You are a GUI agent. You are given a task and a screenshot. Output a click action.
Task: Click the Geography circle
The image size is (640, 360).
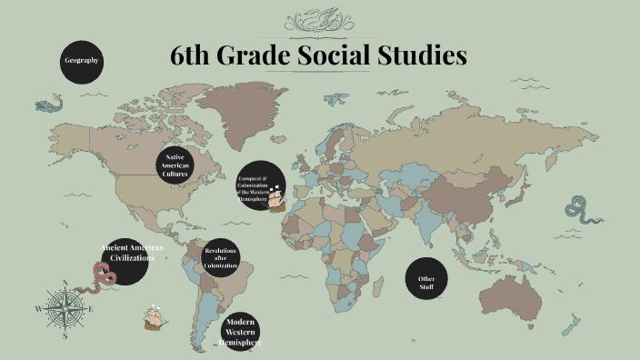tap(81, 61)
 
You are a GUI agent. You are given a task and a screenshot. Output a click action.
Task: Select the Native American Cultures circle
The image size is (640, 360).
tap(175, 165)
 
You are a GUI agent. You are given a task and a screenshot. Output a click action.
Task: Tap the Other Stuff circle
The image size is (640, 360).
tap(426, 281)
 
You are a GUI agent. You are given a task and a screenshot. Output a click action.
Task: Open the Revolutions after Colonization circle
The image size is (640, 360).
tap(220, 257)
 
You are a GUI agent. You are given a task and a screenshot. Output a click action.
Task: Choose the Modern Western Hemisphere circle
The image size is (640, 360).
tap(240, 332)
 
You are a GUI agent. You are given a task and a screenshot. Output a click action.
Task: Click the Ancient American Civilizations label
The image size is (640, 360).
tap(126, 253)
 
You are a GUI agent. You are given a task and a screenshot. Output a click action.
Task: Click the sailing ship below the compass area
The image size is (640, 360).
tap(156, 317)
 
